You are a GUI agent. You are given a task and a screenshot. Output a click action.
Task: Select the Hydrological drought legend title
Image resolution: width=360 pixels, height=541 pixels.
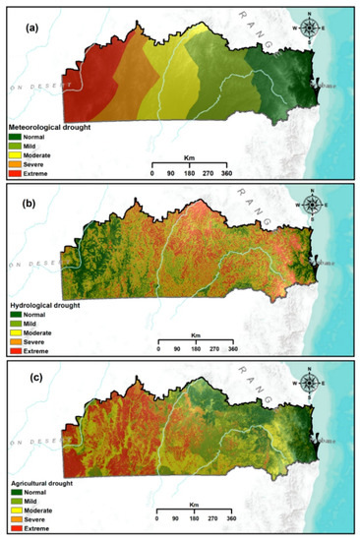(49, 308)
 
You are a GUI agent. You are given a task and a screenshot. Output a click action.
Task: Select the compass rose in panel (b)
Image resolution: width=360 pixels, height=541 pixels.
(313, 205)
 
